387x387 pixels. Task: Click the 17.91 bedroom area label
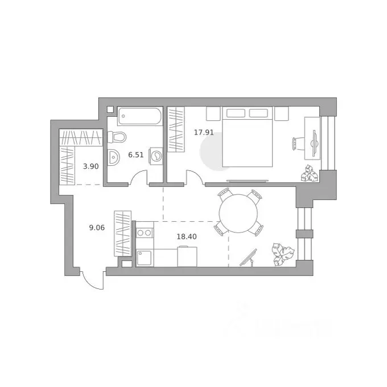(204, 132)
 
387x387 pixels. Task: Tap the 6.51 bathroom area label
(136, 155)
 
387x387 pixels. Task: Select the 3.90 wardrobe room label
(91, 166)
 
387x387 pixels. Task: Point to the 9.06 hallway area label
(97, 227)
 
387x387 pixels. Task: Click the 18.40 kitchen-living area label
(187, 237)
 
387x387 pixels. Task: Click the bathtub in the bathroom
(139, 116)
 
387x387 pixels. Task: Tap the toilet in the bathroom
(117, 137)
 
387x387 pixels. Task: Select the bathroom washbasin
(113, 157)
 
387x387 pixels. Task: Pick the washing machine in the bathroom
(156, 156)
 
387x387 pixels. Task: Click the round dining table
(238, 214)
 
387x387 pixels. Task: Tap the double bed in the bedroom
(248, 137)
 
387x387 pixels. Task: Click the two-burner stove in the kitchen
(145, 233)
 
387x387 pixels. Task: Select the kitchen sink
(145, 258)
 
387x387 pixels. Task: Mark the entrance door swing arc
(89, 282)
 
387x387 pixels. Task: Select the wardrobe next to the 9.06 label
(123, 233)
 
